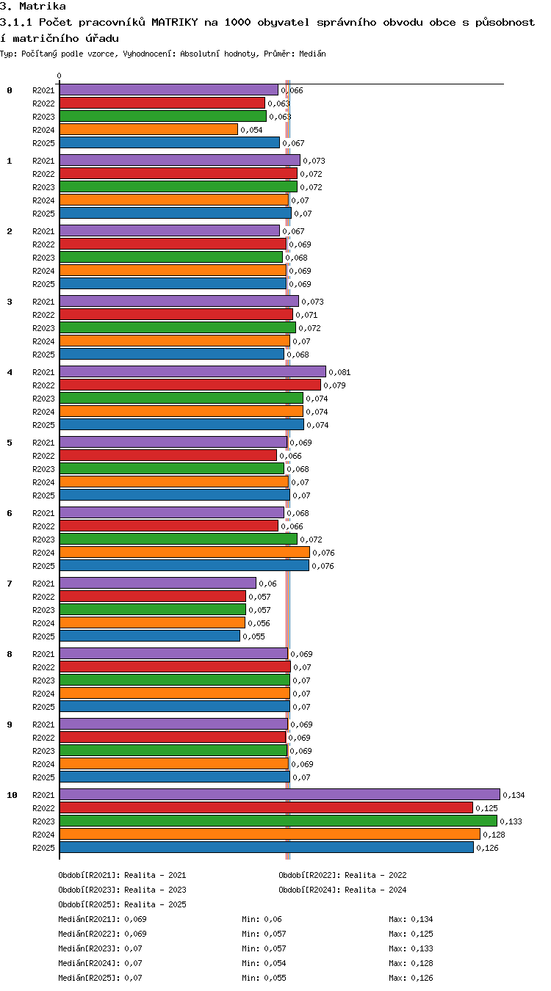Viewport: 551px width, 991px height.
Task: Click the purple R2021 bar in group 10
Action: pos(279,794)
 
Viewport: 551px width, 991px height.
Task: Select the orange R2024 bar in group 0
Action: pos(148,129)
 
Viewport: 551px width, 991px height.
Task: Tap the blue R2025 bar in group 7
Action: pos(150,636)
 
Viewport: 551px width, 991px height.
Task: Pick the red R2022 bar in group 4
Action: pos(190,385)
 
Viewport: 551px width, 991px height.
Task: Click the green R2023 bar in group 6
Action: pos(178,539)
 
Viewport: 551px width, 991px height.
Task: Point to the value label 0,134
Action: pos(514,795)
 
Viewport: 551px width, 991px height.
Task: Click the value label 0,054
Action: pos(251,130)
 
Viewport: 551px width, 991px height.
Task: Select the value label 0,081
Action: pos(339,372)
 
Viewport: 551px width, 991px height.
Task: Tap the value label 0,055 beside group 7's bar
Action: pos(253,636)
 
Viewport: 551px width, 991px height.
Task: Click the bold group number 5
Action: pos(10,443)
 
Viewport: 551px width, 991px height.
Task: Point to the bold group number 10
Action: pos(12,795)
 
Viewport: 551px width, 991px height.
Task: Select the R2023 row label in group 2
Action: pos(43,258)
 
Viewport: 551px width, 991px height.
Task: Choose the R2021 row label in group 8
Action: pos(43,654)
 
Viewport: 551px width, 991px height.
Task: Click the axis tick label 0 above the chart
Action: pos(59,76)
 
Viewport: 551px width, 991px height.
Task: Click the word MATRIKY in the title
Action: pos(175,22)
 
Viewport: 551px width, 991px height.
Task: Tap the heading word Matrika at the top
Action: pos(43,6)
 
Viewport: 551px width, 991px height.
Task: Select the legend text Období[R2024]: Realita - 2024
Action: pos(342,890)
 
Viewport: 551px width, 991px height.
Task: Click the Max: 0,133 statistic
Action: pos(411,948)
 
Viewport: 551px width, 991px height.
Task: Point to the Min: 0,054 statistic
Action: pos(264,963)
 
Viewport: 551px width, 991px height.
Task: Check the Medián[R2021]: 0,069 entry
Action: pos(102,919)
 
